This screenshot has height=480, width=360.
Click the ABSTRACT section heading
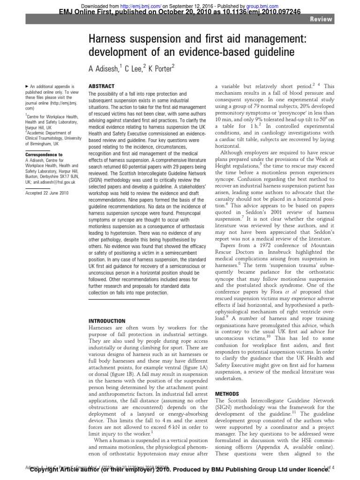pyautogui.click(x=100, y=87)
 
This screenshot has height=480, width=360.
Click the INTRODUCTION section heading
pyautogui.click(x=107, y=321)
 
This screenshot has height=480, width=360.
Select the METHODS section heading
pyautogui.click(x=227, y=393)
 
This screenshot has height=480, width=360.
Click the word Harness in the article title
pyautogui.click(x=110, y=41)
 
